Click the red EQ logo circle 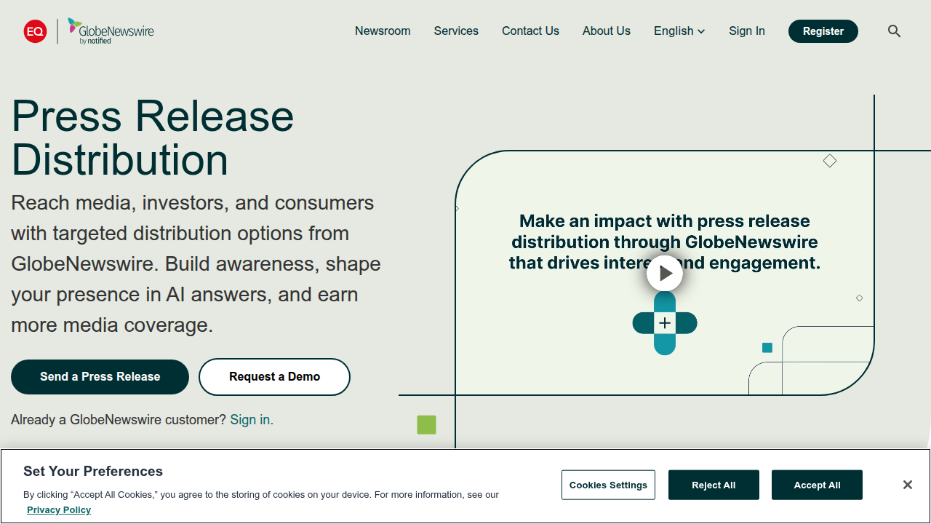coord(35,31)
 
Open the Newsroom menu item coord(383,31)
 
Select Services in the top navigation coord(456,31)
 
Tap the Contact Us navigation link coord(530,31)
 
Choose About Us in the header coord(607,31)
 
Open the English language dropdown coord(679,31)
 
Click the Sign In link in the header coord(747,31)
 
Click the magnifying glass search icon coord(894,31)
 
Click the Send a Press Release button coord(100,377)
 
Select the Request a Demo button coord(274,377)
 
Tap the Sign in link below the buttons coord(250,420)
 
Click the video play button coord(665,274)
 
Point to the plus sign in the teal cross coord(665,323)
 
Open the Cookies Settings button coord(608,485)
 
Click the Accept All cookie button coord(817,485)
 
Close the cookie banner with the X coord(907,485)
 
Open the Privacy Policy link coord(59,510)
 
